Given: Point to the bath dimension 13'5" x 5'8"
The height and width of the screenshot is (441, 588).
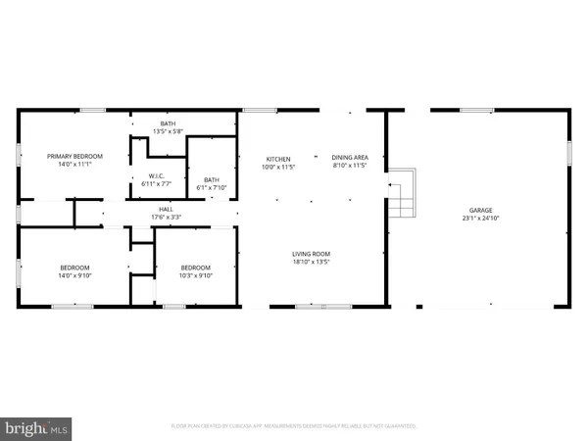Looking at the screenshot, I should pyautogui.click(x=169, y=131).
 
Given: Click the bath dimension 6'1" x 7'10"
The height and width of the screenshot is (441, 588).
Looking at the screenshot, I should pyautogui.click(x=212, y=188).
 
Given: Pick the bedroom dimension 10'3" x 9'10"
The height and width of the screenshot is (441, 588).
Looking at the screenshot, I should pyautogui.click(x=195, y=275).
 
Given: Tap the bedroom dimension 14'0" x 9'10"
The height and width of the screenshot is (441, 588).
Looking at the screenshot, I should pyautogui.click(x=74, y=275).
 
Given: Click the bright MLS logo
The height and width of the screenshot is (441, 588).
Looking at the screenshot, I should pyautogui.click(x=37, y=427).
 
